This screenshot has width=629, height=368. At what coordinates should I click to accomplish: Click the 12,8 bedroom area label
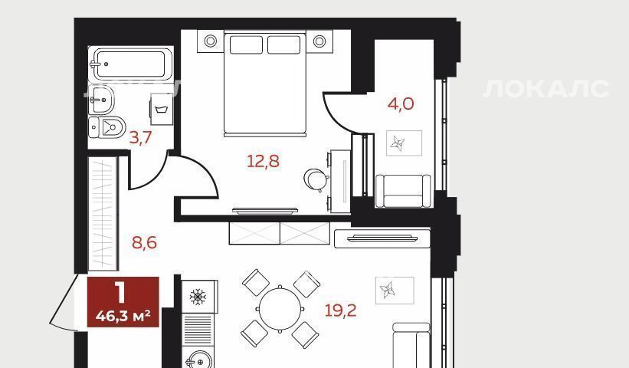click(263, 161)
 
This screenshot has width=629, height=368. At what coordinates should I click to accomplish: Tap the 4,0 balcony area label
click(401, 104)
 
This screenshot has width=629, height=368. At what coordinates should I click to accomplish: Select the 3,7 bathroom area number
click(140, 138)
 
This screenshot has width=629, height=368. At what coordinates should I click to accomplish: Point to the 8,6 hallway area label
click(144, 242)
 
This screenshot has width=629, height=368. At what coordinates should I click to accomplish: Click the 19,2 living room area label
click(340, 310)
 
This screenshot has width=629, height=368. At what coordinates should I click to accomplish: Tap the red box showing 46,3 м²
click(123, 302)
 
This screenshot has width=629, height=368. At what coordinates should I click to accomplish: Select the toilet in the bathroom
click(106, 127)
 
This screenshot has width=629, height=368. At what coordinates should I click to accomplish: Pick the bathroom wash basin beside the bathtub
click(100, 100)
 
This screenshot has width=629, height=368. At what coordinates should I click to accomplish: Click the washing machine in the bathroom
click(162, 110)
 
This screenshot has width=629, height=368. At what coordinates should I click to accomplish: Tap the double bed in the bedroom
click(265, 84)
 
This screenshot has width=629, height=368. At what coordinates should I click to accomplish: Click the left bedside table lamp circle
click(210, 41)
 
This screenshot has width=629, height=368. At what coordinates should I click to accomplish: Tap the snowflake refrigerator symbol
click(198, 297)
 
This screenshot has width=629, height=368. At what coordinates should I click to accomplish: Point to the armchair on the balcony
click(403, 191)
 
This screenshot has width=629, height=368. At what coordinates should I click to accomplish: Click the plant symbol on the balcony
click(398, 143)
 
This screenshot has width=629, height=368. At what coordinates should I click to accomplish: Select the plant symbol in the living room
click(388, 290)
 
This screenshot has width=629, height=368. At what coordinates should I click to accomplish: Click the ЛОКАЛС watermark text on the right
click(546, 89)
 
